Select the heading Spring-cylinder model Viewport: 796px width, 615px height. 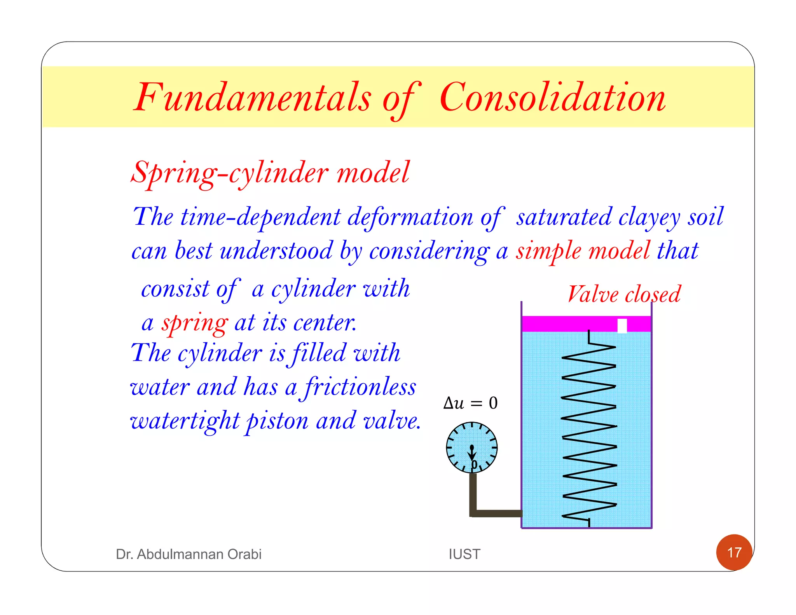tap(270, 173)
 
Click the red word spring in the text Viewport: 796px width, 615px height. tap(195, 323)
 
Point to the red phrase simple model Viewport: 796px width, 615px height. tap(583, 251)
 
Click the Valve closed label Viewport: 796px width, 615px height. tap(624, 294)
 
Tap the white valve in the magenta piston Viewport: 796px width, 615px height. tap(622, 326)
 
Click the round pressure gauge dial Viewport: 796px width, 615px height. tap(472, 447)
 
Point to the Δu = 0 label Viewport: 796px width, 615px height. tap(470, 403)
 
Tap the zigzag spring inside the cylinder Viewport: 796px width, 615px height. tap(589, 428)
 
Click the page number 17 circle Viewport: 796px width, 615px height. tap(734, 552)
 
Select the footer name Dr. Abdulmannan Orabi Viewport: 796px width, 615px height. tap(189, 554)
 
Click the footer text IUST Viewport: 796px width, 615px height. tap(464, 554)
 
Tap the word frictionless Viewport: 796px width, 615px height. tap(360, 388)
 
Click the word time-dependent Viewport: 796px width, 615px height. tap(261, 217)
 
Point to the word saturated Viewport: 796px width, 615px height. tap(564, 217)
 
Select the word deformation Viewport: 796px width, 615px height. tap(410, 217)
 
